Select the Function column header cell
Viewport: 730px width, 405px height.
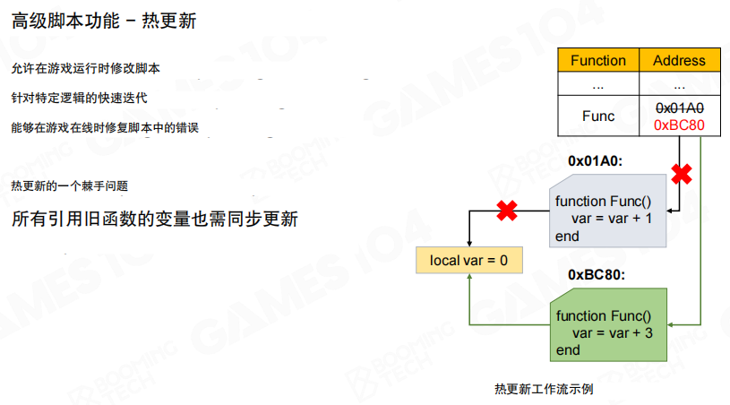pos(597,61)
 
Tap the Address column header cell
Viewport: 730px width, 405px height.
pos(679,61)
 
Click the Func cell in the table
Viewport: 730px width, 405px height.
pos(597,116)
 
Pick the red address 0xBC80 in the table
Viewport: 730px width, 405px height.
pos(679,125)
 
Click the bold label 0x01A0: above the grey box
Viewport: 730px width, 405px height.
pos(596,161)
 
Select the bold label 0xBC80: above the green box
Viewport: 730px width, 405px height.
pos(596,275)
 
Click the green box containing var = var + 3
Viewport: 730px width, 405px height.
pos(609,332)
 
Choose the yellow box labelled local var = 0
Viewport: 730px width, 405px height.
pos(468,261)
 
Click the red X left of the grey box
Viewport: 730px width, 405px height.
pos(508,211)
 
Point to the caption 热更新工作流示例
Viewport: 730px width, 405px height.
pos(543,390)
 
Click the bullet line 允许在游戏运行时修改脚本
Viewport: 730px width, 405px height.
pos(86,68)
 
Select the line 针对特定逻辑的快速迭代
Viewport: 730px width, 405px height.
pos(79,98)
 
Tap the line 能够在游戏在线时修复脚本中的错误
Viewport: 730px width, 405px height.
pos(110,128)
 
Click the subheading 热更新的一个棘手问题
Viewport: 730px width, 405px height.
pos(70,185)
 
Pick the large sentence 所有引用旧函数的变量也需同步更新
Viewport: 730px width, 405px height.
pos(154,220)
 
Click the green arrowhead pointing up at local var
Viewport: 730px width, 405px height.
pos(468,280)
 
